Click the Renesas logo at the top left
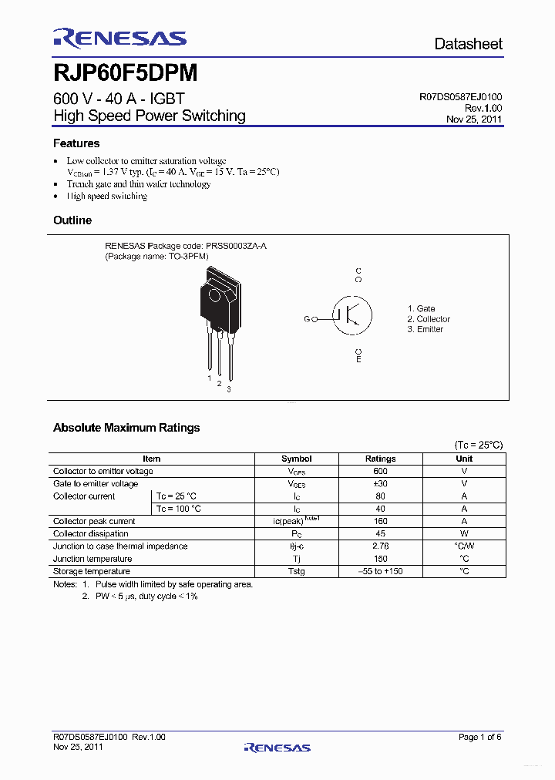pyautogui.click(x=119, y=39)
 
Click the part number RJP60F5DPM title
pyautogui.click(x=126, y=73)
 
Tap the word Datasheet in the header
pyautogui.click(x=468, y=44)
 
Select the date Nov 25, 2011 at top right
pyautogui.click(x=474, y=119)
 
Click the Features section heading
pyautogui.click(x=76, y=143)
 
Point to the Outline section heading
pyautogui.click(x=72, y=220)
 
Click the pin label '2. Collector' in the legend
pyautogui.click(x=429, y=319)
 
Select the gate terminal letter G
pyautogui.click(x=307, y=319)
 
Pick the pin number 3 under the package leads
pyautogui.click(x=228, y=390)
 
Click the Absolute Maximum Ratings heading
pyautogui.click(x=126, y=428)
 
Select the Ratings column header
pyautogui.click(x=380, y=459)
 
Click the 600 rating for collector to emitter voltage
pyautogui.click(x=380, y=471)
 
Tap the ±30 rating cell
pyautogui.click(x=380, y=484)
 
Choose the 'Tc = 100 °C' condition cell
pyautogui.click(x=179, y=509)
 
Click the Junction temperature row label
pyautogui.click(x=92, y=559)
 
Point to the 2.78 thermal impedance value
pyautogui.click(x=380, y=546)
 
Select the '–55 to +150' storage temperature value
pyautogui.click(x=380, y=571)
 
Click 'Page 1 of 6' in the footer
pyautogui.click(x=479, y=738)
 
